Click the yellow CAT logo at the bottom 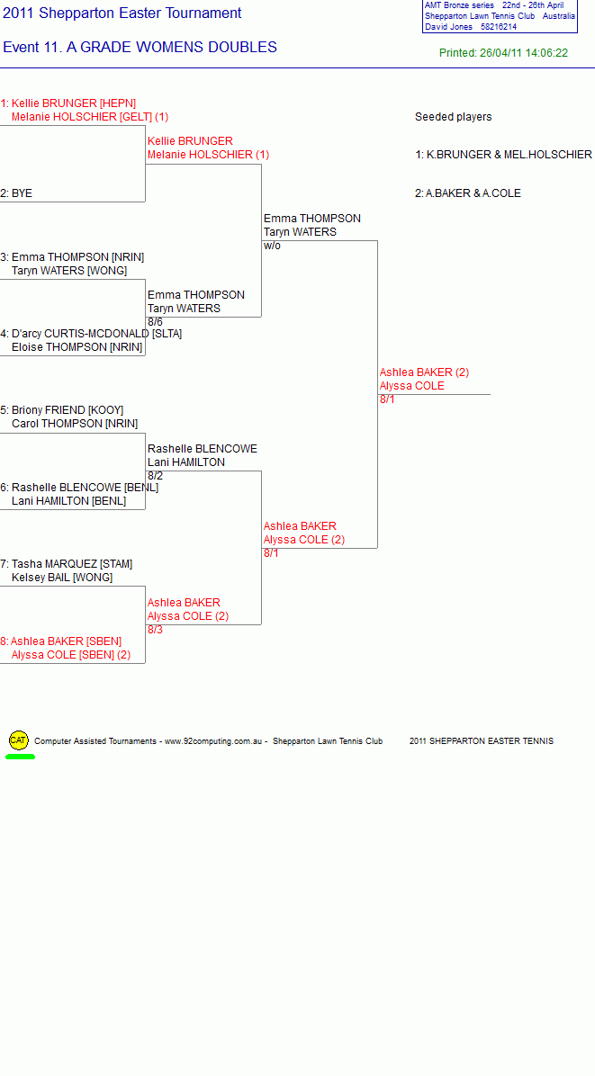pos(19,740)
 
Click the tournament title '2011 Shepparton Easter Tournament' pos(122,13)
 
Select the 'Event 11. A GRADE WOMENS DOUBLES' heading pos(140,48)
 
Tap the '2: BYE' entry pos(16,193)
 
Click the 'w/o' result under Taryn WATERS pos(273,246)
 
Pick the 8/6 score pos(155,322)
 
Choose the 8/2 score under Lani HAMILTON pos(155,476)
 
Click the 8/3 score pos(155,629)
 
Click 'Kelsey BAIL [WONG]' pos(62,578)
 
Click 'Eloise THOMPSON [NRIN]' pos(77,347)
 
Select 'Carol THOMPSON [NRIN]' pos(75,424)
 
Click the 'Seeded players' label pos(454,117)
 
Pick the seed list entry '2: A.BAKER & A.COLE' pos(468,193)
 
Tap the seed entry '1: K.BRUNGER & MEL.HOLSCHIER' pos(504,155)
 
